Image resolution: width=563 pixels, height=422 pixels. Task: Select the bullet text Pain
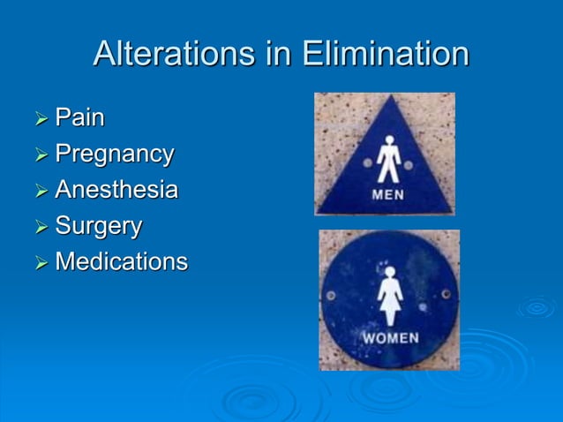[x=79, y=117]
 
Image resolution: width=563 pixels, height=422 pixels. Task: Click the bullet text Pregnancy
[x=114, y=154]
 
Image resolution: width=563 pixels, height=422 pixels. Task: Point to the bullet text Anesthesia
[x=116, y=190]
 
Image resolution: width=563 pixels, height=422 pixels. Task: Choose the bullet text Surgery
[x=98, y=226]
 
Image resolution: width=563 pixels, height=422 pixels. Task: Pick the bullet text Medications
[x=121, y=262]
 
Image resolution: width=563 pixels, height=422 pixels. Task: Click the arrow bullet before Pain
[x=41, y=118]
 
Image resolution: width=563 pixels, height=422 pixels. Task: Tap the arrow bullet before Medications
[x=41, y=263]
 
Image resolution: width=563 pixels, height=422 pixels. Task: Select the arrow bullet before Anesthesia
[x=41, y=191]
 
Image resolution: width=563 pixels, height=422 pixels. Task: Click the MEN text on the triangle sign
[x=388, y=194]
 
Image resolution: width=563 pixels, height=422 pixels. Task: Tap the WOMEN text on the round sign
[x=389, y=338]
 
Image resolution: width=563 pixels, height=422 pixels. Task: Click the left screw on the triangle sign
[x=367, y=163]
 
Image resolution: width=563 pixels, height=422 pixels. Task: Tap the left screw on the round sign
[x=331, y=295]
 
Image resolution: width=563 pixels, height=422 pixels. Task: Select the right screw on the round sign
[x=446, y=293]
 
